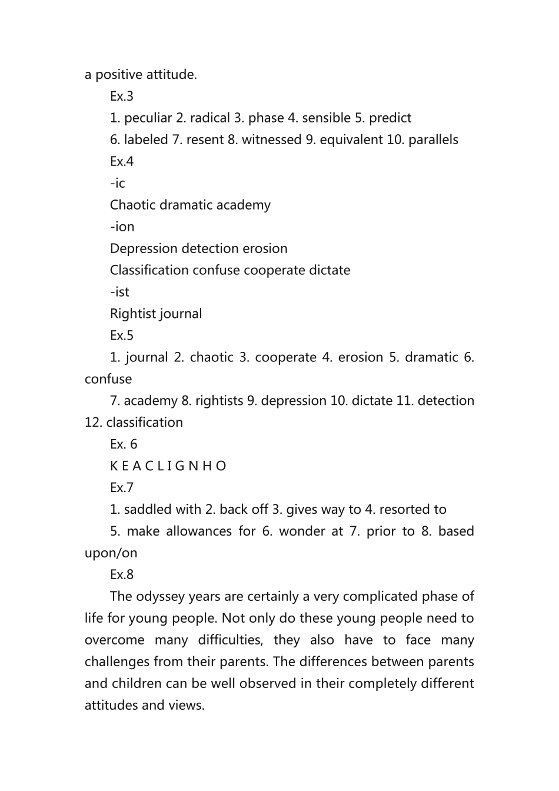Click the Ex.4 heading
(x=122, y=162)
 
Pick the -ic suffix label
(x=118, y=184)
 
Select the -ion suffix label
(x=122, y=227)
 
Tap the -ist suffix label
(x=120, y=293)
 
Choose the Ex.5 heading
(x=122, y=336)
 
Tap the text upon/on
(x=111, y=553)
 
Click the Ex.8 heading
(x=122, y=575)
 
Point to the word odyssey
(x=160, y=597)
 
